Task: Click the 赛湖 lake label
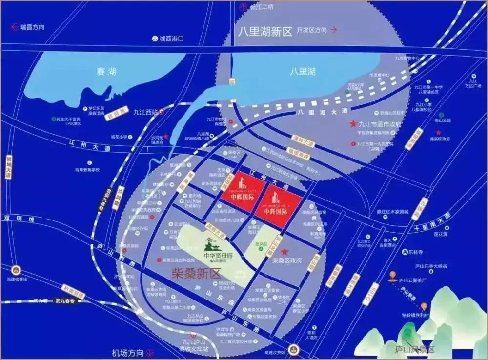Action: point(106,72)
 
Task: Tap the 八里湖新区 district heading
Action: point(265,32)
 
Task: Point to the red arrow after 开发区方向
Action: point(334,29)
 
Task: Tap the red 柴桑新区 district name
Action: point(193,274)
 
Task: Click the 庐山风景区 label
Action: point(414,349)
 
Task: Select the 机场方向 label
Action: point(128,352)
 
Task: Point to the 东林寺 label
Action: point(415,252)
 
